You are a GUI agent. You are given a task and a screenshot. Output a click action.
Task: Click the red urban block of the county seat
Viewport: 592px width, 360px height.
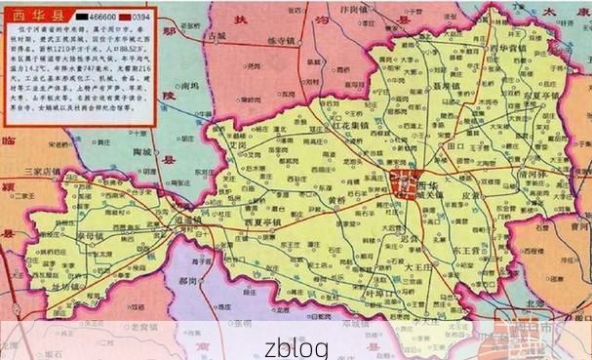click(x=401, y=181)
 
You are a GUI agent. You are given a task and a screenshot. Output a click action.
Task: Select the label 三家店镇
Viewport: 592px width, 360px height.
click(x=43, y=171)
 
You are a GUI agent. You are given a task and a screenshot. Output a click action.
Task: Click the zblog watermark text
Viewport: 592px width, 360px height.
click(x=296, y=346)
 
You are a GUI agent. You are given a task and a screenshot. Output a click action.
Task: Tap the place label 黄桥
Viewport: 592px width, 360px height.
click(x=337, y=202)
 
